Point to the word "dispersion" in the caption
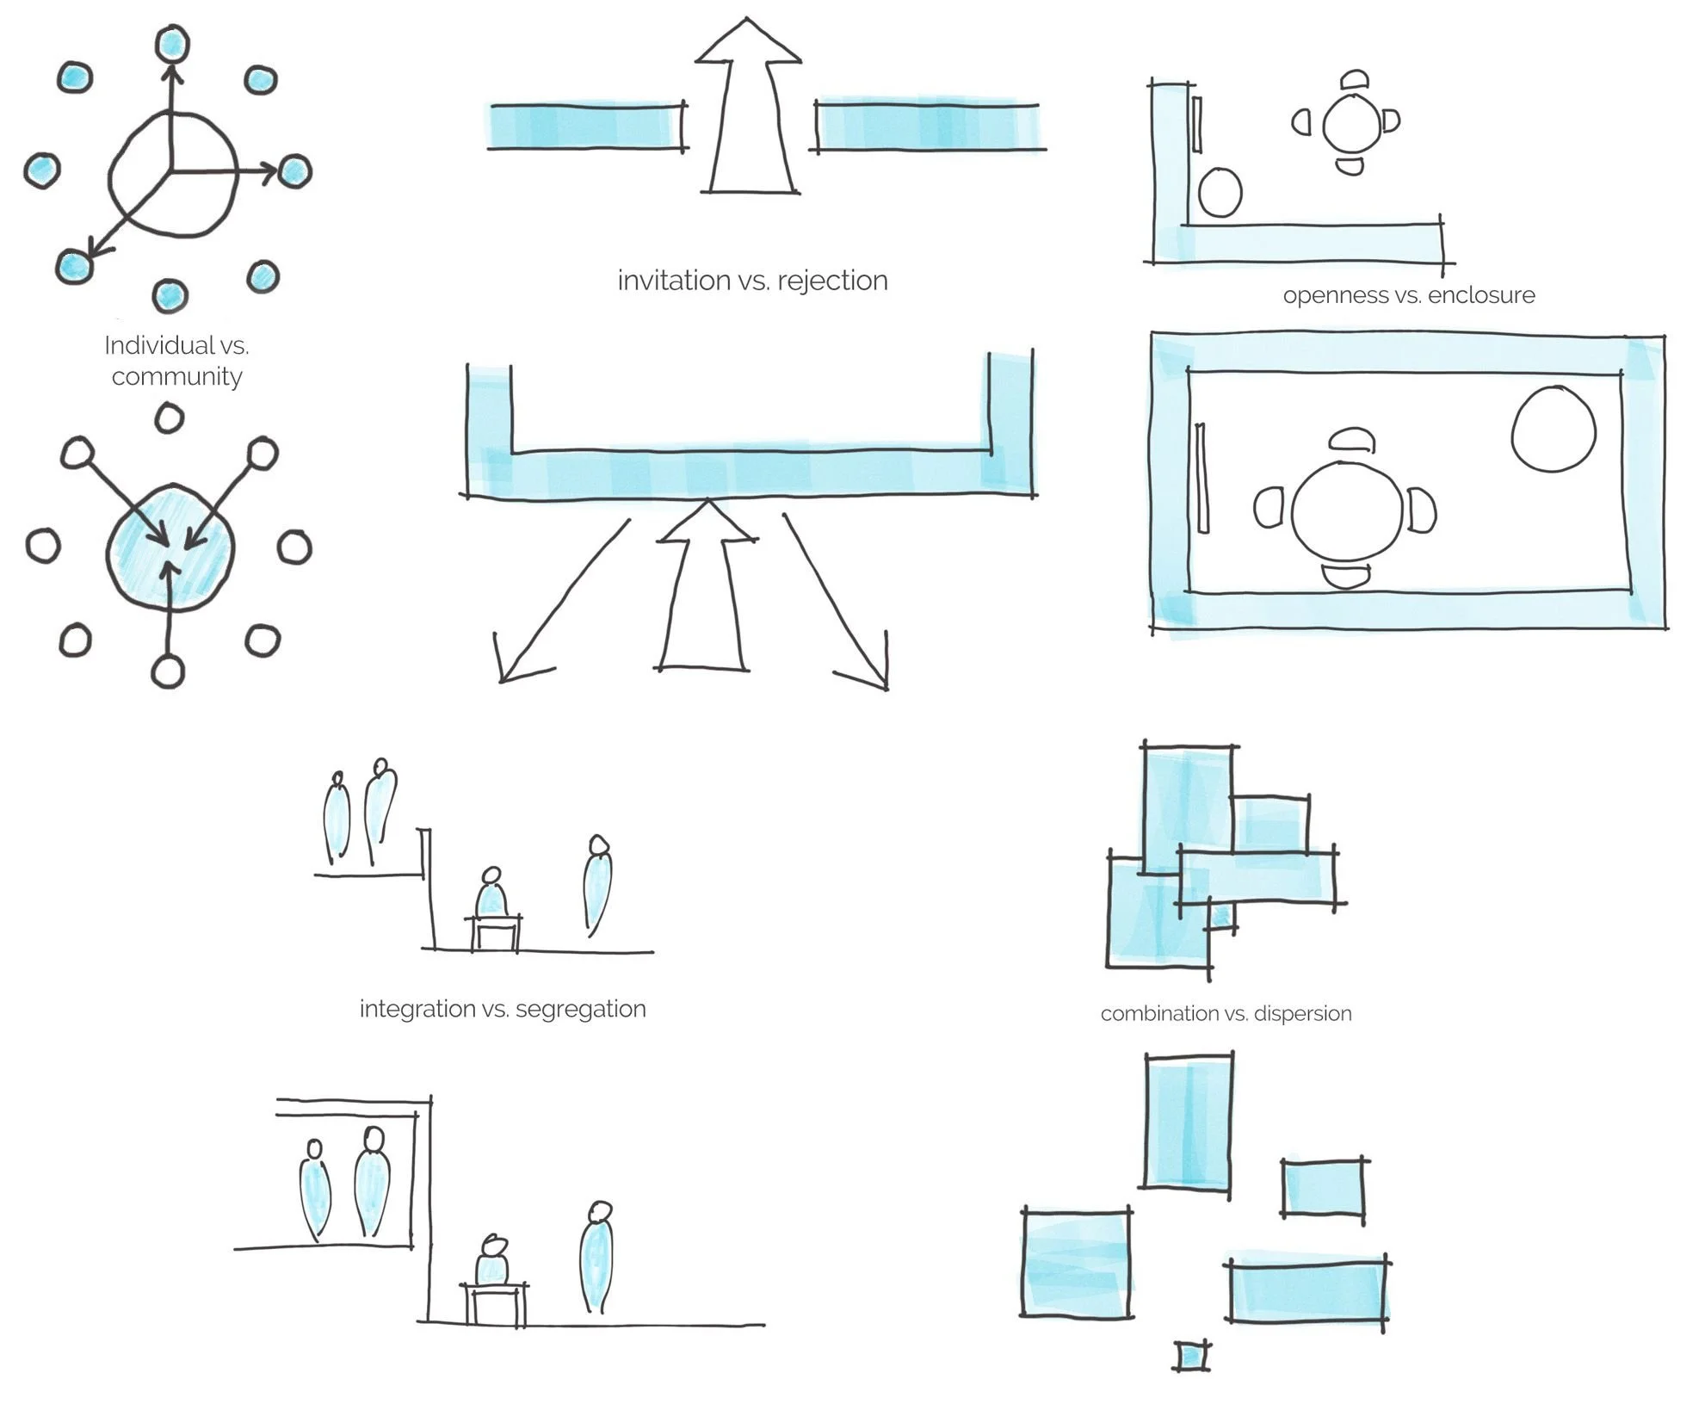pos(1302,1014)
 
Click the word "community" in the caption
pos(176,377)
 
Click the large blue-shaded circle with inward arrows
pos(170,547)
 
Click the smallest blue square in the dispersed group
pos(1191,1357)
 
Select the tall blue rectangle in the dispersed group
pos(1189,1122)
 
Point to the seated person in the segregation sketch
pos(492,1262)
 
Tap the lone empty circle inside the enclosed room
pos(1554,429)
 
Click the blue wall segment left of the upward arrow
pos(587,126)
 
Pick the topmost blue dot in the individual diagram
pos(172,43)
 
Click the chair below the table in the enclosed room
pos(1345,576)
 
